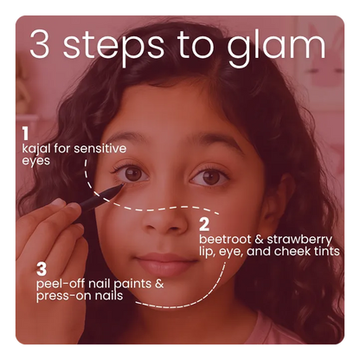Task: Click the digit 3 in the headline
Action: coord(41,45)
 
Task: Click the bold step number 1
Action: coord(26,133)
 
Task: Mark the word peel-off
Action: coord(61,282)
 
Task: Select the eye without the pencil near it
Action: coord(208,177)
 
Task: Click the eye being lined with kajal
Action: coord(133,174)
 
